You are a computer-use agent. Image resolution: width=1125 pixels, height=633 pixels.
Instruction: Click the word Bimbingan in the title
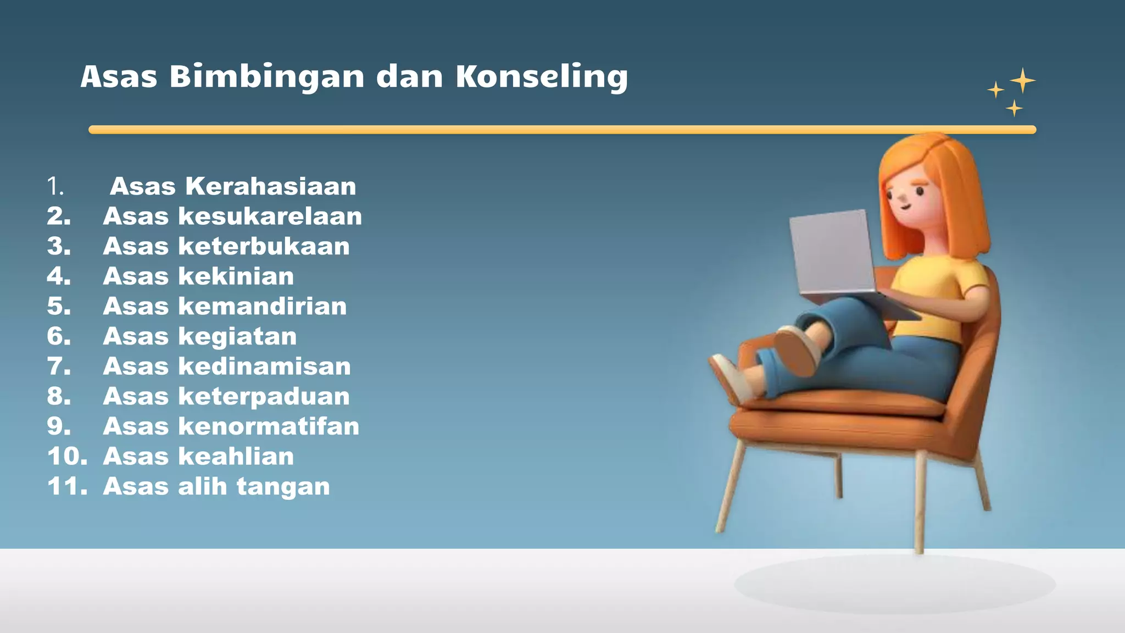pos(266,77)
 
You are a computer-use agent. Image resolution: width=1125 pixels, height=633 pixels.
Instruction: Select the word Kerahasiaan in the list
pos(270,186)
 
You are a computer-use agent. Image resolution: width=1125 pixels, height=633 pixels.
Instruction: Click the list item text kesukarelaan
pos(270,216)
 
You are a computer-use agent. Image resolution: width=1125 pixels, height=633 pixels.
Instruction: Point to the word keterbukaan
pos(264,246)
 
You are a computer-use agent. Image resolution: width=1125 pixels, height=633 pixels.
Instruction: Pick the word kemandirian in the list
pos(263,306)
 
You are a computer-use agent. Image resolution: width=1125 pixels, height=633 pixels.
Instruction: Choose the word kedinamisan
pos(264,367)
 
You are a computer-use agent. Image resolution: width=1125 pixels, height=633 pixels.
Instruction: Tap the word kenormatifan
pos(269,426)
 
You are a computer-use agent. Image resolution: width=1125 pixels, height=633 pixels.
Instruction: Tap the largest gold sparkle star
pos(1022,81)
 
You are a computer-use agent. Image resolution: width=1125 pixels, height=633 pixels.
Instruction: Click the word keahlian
pos(236,457)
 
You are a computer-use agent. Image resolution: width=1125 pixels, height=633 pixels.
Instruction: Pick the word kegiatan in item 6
pos(237,336)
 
